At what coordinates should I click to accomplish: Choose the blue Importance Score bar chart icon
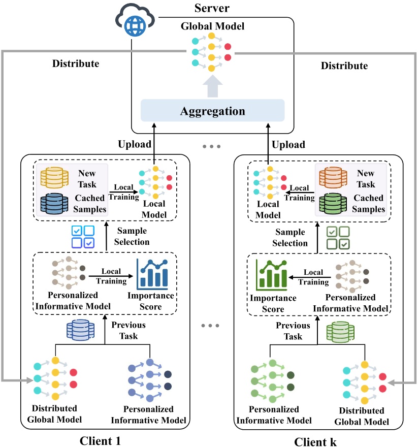click(152, 274)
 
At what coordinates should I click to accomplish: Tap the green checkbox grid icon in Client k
click(337, 238)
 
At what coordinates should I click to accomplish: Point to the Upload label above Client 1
click(133, 145)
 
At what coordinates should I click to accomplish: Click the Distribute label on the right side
click(344, 66)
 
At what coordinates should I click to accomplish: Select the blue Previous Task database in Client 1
click(81, 330)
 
